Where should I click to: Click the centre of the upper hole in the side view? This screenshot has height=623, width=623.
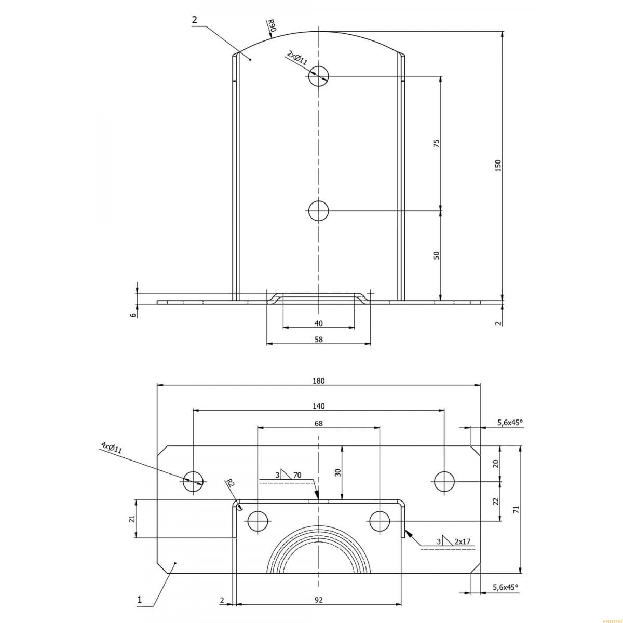(x=318, y=76)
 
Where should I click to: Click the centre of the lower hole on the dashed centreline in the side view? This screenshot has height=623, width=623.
(x=318, y=211)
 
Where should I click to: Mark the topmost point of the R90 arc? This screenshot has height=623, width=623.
(x=318, y=31)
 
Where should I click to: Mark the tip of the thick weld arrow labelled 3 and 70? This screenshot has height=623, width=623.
(x=318, y=500)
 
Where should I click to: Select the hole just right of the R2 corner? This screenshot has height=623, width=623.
(x=258, y=521)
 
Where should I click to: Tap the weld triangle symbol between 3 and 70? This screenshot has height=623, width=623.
(x=286, y=475)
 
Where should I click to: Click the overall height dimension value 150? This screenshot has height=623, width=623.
(x=498, y=165)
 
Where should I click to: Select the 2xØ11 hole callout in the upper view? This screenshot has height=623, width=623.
(x=297, y=58)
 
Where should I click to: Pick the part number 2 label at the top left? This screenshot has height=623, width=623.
(x=194, y=20)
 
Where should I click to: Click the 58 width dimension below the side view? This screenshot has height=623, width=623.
(x=318, y=339)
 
